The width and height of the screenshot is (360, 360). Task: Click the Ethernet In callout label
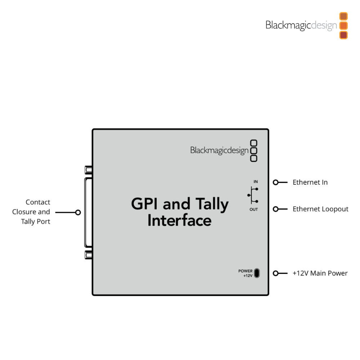pyautogui.click(x=310, y=182)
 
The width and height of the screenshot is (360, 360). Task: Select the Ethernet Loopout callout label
pyautogui.click(x=320, y=209)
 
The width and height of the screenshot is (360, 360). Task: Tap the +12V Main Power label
pyautogui.click(x=320, y=273)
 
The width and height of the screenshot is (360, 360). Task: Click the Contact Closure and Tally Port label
pyautogui.click(x=31, y=212)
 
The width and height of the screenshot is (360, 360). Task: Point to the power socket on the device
pyautogui.click(x=257, y=273)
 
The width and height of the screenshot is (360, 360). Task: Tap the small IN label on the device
pyautogui.click(x=255, y=182)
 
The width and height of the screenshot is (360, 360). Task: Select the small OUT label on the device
pyautogui.click(x=254, y=210)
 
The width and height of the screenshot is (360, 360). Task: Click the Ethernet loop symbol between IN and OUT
pyautogui.click(x=253, y=195)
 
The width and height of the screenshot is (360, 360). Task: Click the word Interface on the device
pyautogui.click(x=179, y=220)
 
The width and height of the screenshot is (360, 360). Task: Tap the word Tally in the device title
pyautogui.click(x=212, y=204)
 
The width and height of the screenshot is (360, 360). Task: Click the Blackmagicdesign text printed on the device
pyautogui.click(x=219, y=150)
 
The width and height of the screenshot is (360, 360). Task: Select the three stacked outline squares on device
pyautogui.click(x=254, y=150)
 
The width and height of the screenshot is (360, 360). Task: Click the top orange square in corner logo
pyautogui.click(x=343, y=16)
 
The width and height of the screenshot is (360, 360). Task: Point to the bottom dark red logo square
pyautogui.click(x=343, y=35)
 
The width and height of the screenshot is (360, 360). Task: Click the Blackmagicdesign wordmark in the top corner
pyautogui.click(x=301, y=26)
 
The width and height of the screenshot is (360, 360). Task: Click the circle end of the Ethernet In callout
pyautogui.click(x=275, y=182)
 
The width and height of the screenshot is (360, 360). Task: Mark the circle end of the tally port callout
pyautogui.click(x=78, y=212)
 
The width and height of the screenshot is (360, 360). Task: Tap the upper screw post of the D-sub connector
pyautogui.click(x=88, y=169)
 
